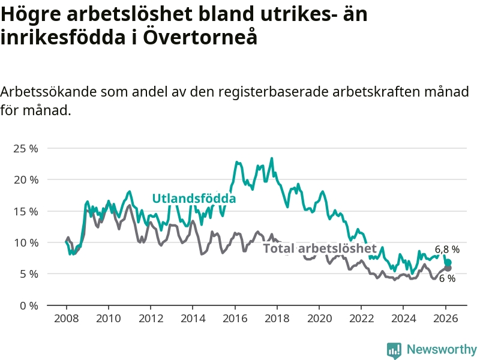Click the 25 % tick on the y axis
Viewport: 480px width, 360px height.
pyautogui.click(x=25, y=148)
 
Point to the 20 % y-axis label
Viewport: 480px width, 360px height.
pyautogui.click(x=25, y=179)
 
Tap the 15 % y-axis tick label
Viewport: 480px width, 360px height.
pyautogui.click(x=25, y=211)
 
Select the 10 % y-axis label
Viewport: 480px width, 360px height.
pyautogui.click(x=25, y=242)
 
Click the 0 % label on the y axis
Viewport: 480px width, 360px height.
pyautogui.click(x=28, y=305)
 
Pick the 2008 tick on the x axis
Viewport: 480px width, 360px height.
pyautogui.click(x=65, y=318)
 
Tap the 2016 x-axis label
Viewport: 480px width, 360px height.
pyautogui.click(x=235, y=318)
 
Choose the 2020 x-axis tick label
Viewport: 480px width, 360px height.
pyautogui.click(x=319, y=318)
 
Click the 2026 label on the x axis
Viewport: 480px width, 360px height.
pyautogui.click(x=446, y=318)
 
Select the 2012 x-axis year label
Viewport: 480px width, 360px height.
pyautogui.click(x=150, y=318)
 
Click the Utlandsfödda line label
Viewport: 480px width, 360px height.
pyautogui.click(x=194, y=199)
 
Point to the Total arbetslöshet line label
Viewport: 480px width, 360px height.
pyautogui.click(x=320, y=248)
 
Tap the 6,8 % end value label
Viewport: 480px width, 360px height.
pyautogui.click(x=447, y=249)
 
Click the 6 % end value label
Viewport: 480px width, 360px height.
pyautogui.click(x=447, y=278)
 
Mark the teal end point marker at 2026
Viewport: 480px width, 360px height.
pyautogui.click(x=448, y=263)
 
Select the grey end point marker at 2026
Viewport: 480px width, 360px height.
pyautogui.click(x=448, y=268)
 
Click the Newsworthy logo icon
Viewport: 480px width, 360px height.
pyautogui.click(x=394, y=350)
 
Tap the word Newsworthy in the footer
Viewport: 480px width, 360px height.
pyautogui.click(x=442, y=350)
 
